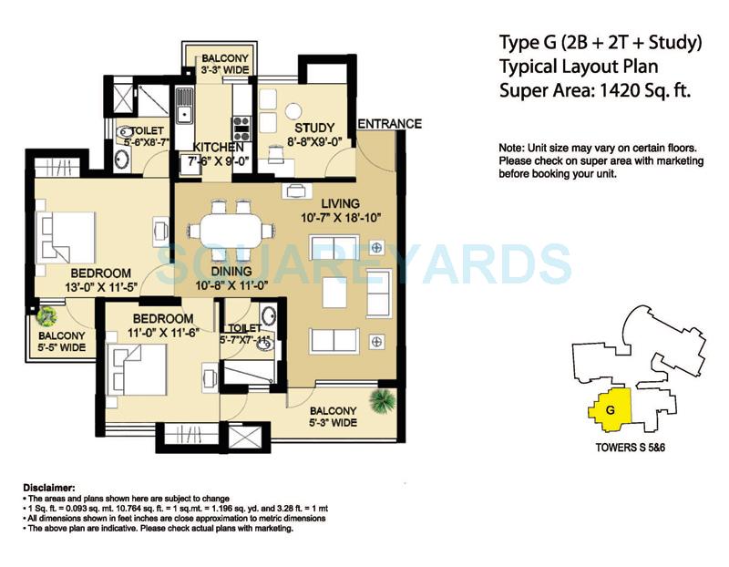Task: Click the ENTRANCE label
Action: (389, 124)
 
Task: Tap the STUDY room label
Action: (313, 129)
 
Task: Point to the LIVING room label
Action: (340, 202)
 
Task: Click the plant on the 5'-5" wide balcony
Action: (46, 315)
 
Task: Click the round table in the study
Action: (293, 110)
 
